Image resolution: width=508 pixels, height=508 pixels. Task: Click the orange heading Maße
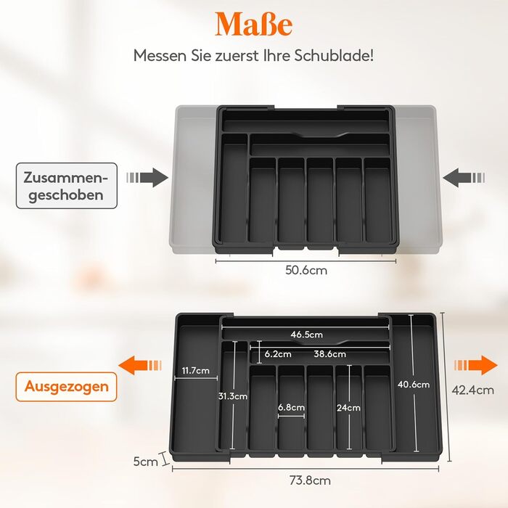coord(254,24)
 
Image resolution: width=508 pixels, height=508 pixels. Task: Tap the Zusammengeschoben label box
coord(67,186)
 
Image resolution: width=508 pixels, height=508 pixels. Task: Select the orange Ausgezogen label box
coord(67,387)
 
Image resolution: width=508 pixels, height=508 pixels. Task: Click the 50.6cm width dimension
coord(306,270)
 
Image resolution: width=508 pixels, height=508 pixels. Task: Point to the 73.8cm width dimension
coord(310,480)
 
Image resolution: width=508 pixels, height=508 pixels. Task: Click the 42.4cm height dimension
coord(472,390)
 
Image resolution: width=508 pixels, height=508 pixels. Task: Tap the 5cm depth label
coord(145,462)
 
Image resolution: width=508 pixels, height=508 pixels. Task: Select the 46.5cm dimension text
coord(306,335)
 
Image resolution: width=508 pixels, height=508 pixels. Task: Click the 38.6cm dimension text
coord(329,354)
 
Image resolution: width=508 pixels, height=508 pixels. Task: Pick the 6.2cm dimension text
coord(278,354)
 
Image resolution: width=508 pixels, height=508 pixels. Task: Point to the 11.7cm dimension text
coord(196,370)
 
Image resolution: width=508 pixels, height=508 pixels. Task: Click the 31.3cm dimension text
coord(233,396)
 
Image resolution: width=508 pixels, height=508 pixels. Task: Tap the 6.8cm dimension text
coord(291,407)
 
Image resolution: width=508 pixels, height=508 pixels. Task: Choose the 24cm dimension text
coord(348,408)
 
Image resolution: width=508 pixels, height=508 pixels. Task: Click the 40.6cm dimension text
coord(414,385)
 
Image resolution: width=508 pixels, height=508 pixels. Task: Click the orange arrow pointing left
coord(140,365)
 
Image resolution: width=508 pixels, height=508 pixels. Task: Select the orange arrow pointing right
coord(475,365)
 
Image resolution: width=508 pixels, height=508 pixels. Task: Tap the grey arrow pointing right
coord(147,178)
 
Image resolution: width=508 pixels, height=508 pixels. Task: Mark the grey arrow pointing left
coord(464,178)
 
